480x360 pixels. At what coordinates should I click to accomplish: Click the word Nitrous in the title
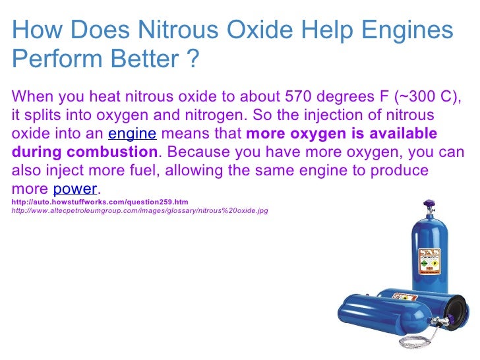pos(180,31)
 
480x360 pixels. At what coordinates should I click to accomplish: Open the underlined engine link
pos(132,134)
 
